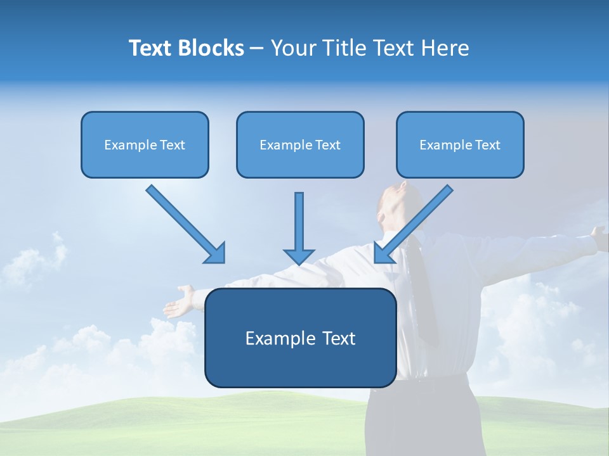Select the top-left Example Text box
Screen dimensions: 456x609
(145, 145)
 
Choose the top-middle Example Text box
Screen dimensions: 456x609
(300, 145)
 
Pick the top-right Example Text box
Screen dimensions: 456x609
(460, 145)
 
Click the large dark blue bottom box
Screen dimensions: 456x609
(300, 338)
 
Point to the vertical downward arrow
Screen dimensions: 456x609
(299, 228)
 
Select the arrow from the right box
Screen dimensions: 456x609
(414, 223)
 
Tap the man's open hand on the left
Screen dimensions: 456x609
(181, 301)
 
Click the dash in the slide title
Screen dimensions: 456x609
(257, 49)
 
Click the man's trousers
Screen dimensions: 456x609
(425, 424)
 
